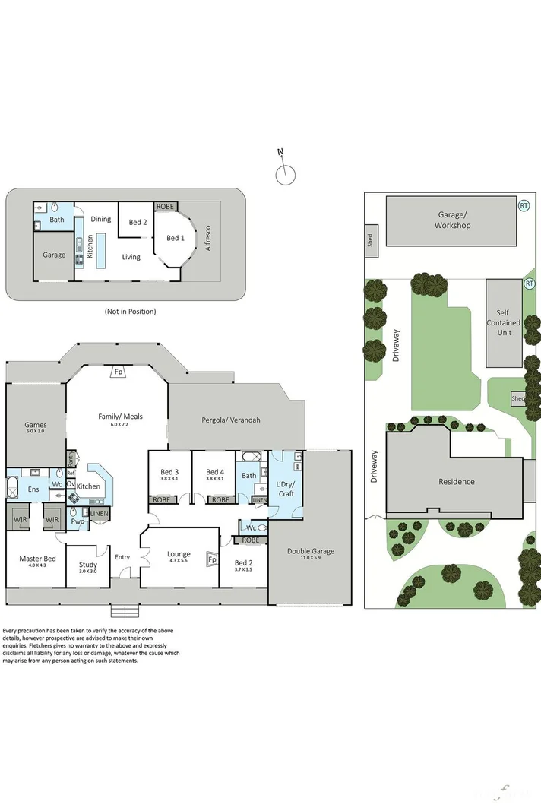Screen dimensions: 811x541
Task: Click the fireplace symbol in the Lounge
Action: point(212,560)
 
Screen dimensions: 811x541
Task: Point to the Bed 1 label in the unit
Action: point(175,238)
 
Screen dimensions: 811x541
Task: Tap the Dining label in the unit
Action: point(101,219)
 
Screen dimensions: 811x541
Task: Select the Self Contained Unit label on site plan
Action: point(504,322)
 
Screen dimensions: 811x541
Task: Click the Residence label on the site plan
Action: point(456,481)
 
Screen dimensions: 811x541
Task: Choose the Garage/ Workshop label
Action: point(452,220)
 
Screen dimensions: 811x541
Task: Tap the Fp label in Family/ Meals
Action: point(119,372)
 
